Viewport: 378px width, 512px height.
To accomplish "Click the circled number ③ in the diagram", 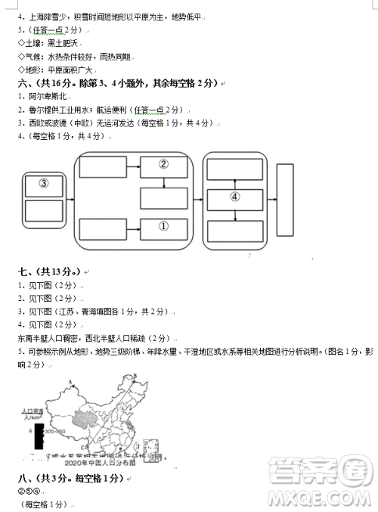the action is (x=43, y=184).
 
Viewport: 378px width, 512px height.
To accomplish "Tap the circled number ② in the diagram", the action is (x=163, y=163).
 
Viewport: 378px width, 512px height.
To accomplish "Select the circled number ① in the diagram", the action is (x=163, y=225).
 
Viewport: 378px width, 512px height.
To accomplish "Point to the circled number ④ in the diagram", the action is (x=234, y=196).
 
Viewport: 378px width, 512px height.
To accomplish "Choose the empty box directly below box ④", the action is (x=234, y=230).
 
